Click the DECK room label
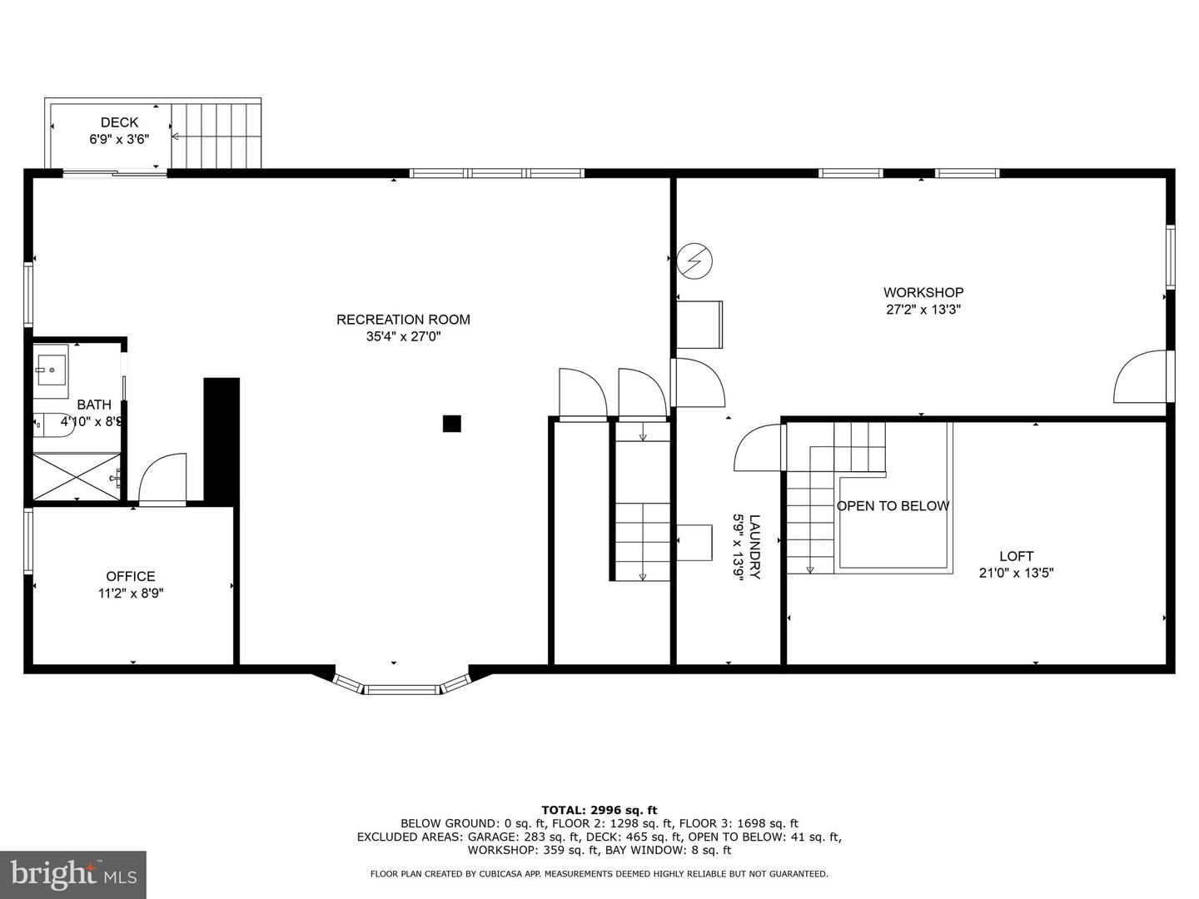tap(119, 122)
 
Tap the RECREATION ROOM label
tap(403, 320)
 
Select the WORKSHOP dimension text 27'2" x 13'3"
tap(923, 310)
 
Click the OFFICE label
tap(131, 576)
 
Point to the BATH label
tap(94, 405)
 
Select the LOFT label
tap(1016, 556)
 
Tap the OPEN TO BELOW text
tap(893, 506)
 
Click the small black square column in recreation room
tap(451, 424)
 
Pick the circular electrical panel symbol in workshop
tap(695, 261)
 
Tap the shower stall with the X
tap(77, 476)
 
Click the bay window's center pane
tap(402, 689)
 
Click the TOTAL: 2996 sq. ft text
tap(599, 810)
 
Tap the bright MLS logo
tap(73, 874)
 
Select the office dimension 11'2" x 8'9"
tap(131, 594)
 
